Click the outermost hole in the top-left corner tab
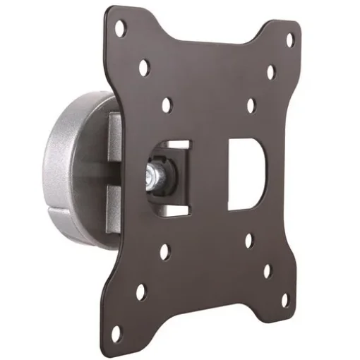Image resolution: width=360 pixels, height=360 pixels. (121, 28)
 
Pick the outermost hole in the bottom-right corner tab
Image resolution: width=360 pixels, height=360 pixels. (284, 299)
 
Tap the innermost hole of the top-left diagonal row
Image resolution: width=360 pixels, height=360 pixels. (167, 104)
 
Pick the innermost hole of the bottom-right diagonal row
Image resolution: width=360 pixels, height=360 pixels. (249, 240)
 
